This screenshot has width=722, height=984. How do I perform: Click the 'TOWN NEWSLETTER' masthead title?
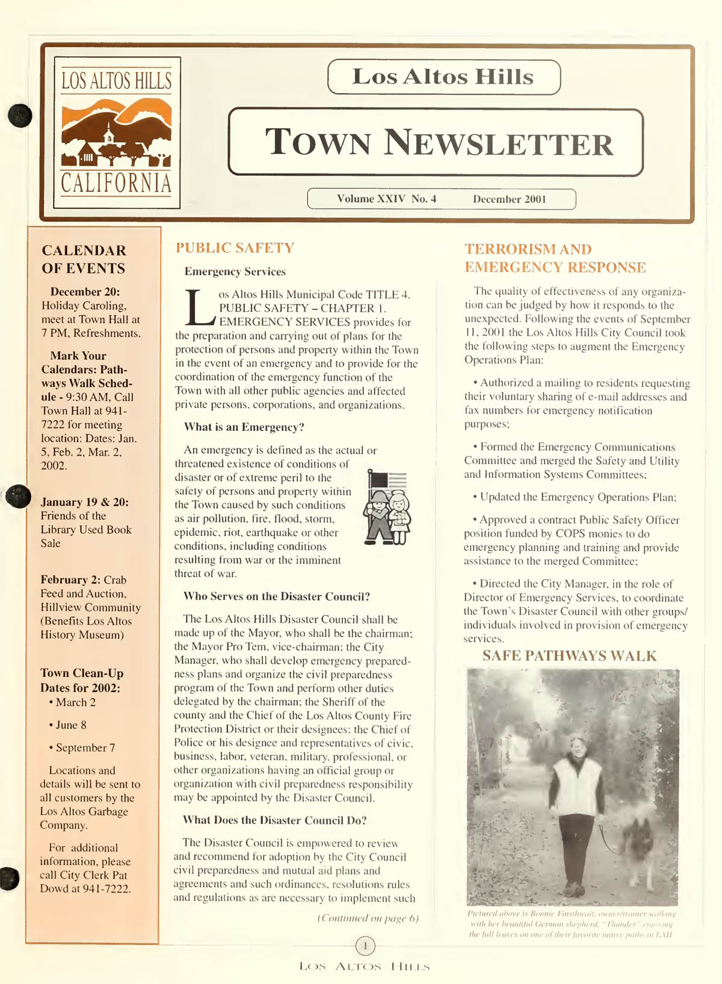point(439,143)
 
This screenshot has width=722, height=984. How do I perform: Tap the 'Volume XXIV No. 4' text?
point(386,199)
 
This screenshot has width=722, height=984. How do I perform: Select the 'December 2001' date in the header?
point(509,199)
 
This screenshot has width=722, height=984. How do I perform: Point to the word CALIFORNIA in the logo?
point(116,184)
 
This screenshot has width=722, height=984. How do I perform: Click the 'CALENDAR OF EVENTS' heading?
point(84,259)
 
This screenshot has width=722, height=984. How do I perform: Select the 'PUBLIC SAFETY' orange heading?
point(235,248)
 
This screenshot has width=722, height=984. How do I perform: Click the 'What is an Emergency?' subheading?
point(244,427)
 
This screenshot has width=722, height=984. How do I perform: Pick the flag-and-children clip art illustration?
point(387,507)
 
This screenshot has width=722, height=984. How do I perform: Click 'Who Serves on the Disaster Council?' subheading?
point(276,596)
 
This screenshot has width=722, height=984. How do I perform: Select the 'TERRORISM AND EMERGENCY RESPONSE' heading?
point(555,258)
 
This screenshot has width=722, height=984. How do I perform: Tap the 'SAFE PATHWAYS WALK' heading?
point(569,656)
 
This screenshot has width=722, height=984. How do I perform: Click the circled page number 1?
point(365,946)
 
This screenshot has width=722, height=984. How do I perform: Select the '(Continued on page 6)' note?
point(368,918)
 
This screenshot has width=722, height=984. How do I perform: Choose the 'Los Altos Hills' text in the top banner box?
point(443,77)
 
